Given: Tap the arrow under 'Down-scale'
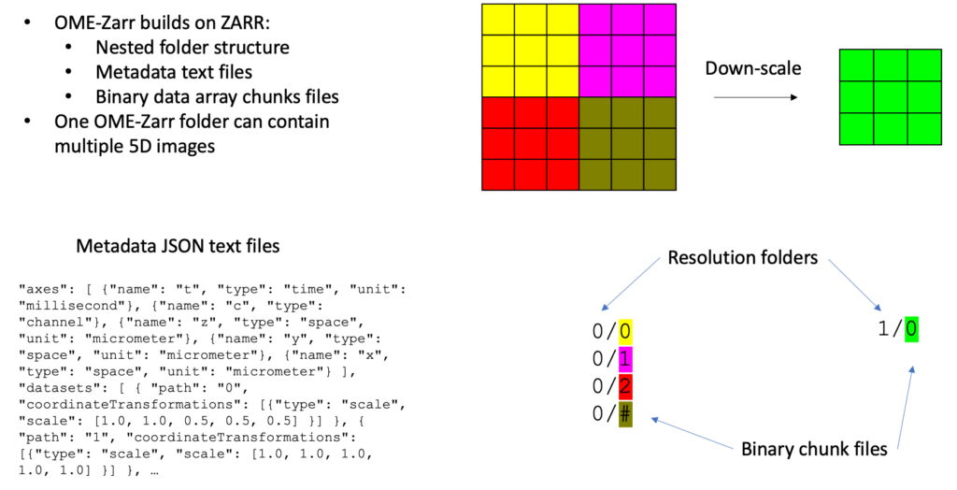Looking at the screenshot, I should pyautogui.click(x=750, y=95).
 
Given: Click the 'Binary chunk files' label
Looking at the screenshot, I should pyautogui.click(x=814, y=448).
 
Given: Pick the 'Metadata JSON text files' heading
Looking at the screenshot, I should pyautogui.click(x=177, y=246).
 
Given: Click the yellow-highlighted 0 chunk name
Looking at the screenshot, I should pyautogui.click(x=625, y=331).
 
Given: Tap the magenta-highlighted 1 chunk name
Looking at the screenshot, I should pyautogui.click(x=625, y=358).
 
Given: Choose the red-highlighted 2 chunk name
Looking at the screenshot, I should pyautogui.click(x=625, y=385).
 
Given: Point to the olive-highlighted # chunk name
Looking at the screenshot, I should pyautogui.click(x=625, y=412).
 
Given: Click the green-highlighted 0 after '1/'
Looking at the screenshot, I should pyautogui.click(x=911, y=328).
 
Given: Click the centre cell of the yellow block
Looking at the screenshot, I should pyautogui.click(x=531, y=50).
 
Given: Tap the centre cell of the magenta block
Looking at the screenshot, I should pyautogui.click(x=627, y=50).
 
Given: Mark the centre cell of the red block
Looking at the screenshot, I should pyautogui.click(x=531, y=143).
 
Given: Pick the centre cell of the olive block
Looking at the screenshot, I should pyautogui.click(x=627, y=143).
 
